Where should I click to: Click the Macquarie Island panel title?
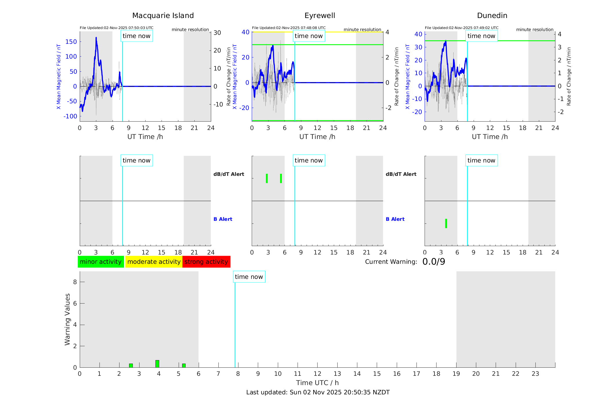tap(163, 16)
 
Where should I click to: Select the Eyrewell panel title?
tap(320, 16)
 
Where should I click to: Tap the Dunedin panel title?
tap(492, 16)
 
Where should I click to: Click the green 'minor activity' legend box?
tap(101, 262)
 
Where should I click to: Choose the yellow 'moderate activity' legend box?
tap(154, 262)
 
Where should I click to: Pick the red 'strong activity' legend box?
tap(206, 262)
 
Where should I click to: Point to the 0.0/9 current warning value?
tap(434, 262)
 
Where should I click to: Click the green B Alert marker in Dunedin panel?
tap(446, 223)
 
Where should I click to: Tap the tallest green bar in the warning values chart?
tap(157, 364)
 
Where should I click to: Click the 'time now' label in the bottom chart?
tap(249, 277)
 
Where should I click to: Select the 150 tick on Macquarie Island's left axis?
tap(71, 42)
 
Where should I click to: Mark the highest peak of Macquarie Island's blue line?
tap(96, 38)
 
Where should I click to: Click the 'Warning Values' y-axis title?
tap(67, 319)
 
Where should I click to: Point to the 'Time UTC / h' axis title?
tap(317, 383)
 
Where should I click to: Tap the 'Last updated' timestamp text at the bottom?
tap(318, 392)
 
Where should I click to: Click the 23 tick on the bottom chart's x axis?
tap(535, 374)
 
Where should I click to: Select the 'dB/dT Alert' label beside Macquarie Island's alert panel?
tap(229, 174)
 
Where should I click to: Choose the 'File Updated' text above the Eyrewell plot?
tap(289, 28)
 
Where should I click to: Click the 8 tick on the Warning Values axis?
tap(75, 282)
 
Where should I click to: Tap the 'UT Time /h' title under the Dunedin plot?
tap(490, 137)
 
